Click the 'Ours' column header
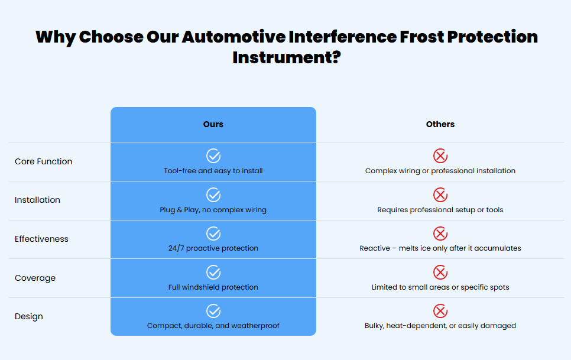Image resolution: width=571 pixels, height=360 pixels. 213,124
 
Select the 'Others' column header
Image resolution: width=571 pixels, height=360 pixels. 440,124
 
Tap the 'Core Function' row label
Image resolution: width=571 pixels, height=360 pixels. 43,161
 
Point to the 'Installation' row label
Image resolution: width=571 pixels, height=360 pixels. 37,200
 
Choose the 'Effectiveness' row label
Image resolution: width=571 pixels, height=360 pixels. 41,239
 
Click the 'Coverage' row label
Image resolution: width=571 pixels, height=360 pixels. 35,278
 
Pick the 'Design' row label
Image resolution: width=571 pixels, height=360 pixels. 29,317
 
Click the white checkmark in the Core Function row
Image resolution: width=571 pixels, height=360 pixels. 213,156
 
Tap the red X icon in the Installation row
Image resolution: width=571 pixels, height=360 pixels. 440,194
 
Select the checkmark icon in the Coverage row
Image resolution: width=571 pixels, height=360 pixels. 213,273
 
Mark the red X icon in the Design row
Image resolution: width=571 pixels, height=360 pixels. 440,311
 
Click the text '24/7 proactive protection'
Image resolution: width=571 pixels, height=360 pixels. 213,248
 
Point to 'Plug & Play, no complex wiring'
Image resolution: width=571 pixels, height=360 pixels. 213,210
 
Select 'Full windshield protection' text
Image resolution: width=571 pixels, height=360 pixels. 213,287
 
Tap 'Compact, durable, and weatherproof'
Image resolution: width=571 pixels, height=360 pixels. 213,326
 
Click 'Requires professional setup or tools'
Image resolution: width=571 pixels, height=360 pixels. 440,210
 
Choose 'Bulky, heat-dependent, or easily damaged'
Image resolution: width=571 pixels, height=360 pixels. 440,326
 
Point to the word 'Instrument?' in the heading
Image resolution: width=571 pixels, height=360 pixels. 287,57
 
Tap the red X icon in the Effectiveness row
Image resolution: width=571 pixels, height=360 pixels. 440,233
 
